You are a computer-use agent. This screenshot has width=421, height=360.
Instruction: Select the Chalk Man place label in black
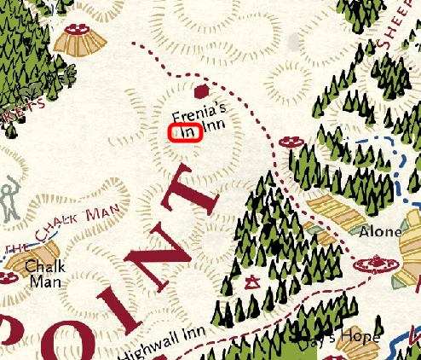pos(44,273)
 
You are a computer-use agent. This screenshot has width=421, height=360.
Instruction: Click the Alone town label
pos(380,231)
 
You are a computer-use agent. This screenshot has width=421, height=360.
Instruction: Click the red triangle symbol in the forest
pos(252,282)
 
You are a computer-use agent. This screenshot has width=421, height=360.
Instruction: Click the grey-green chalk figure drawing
pos(10,198)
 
